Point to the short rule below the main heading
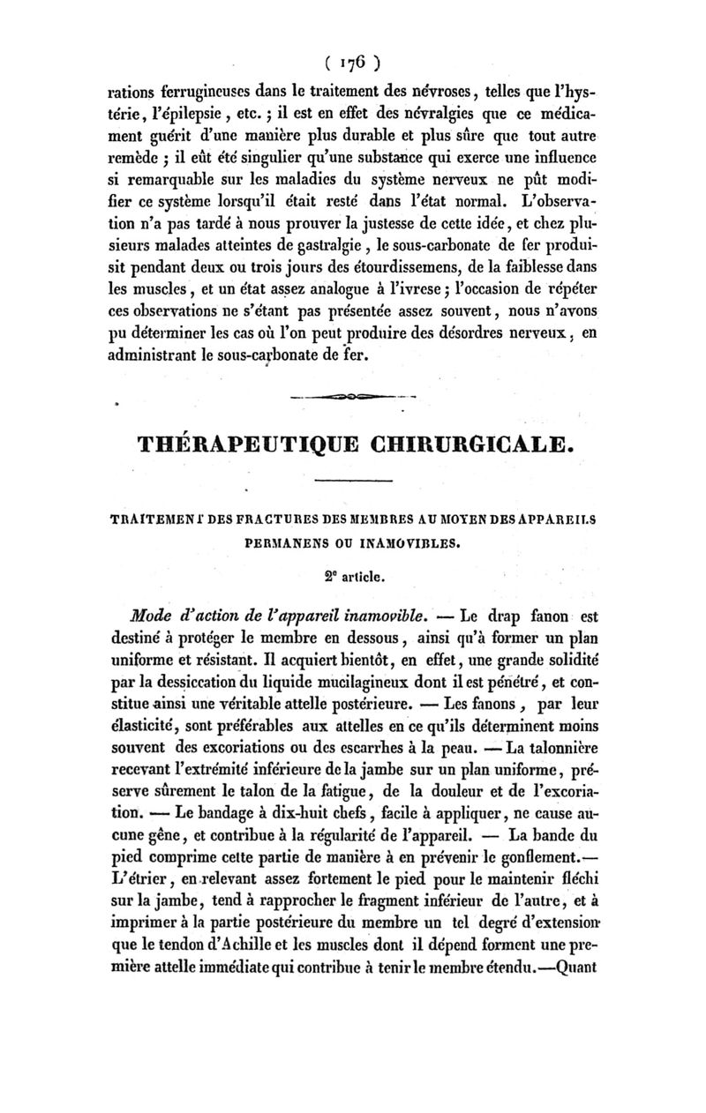click(x=352, y=481)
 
